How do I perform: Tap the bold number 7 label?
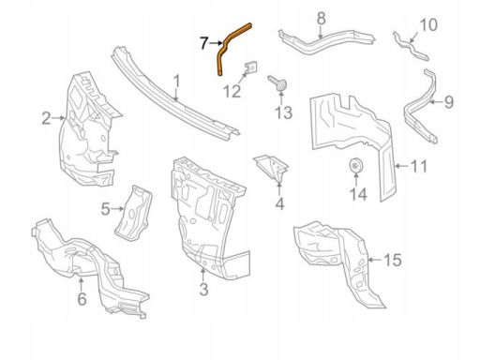(204, 43)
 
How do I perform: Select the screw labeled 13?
(278, 83)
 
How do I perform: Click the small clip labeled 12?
(251, 67)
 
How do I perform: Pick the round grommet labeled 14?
(355, 166)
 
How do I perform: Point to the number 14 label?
(358, 194)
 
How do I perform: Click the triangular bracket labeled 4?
(273, 168)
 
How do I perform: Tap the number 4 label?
(279, 203)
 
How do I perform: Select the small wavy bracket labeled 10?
(411, 47)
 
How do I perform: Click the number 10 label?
(428, 25)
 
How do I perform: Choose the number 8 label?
(322, 18)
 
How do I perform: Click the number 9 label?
(449, 102)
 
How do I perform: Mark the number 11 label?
(418, 166)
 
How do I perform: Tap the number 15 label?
(393, 260)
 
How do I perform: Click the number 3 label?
(203, 289)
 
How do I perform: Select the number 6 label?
(82, 299)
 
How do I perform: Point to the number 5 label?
(106, 209)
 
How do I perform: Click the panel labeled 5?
(133, 214)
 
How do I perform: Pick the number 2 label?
(46, 118)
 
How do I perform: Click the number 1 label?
(177, 82)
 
